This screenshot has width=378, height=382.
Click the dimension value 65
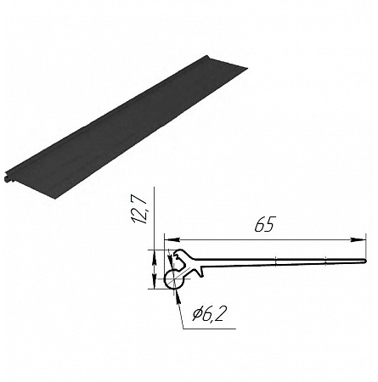265,225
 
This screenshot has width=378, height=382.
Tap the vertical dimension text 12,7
140,210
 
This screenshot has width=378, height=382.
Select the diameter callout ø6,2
210,313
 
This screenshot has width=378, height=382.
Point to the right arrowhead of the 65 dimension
358,239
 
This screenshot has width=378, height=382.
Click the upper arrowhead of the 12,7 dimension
155,257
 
